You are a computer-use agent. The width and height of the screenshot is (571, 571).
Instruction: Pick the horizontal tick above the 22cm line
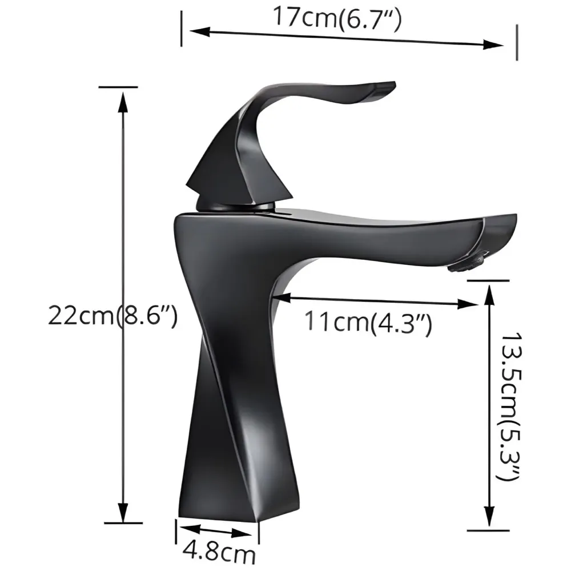[118, 87]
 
